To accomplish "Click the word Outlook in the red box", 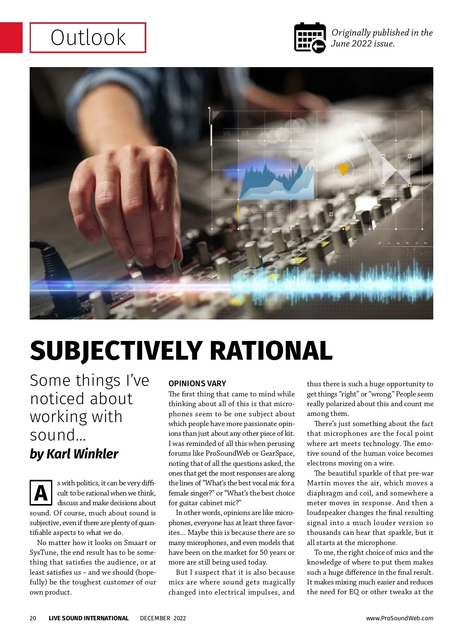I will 88,37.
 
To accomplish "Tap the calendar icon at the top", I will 310,37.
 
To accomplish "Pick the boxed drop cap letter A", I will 41,493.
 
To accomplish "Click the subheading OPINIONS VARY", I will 197,383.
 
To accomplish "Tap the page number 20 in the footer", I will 33,618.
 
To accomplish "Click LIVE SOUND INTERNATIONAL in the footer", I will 89,618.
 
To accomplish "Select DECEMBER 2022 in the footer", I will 163,618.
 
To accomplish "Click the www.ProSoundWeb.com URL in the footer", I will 399,618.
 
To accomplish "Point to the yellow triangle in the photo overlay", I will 342,170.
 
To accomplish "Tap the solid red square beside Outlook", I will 11,37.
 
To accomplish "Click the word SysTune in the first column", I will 43,552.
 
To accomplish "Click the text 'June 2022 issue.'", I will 363,44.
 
